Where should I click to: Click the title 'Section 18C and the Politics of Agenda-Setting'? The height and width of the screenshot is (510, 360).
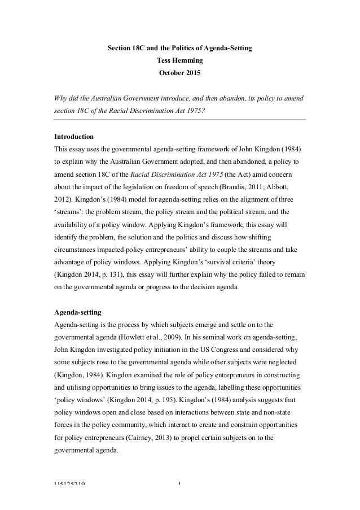click(179, 50)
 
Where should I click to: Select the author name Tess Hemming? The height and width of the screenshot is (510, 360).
click(179, 62)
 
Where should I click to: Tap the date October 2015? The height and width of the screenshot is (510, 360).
click(179, 73)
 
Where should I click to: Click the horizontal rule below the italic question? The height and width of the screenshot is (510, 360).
click(179, 120)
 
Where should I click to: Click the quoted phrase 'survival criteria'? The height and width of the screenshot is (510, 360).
click(243, 262)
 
